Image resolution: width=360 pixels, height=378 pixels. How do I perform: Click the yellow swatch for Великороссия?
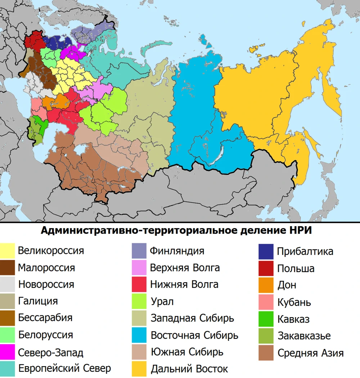[7, 251]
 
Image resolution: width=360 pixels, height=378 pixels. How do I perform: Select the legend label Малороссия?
[46, 268]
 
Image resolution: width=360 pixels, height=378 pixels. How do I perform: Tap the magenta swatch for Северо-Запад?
[7, 352]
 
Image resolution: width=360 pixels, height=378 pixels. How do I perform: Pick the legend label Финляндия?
[177, 251]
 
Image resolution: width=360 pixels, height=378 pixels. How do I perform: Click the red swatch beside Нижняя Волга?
[139, 284]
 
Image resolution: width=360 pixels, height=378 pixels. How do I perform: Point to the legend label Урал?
[162, 301]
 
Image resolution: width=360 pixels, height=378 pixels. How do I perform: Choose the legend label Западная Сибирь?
[192, 318]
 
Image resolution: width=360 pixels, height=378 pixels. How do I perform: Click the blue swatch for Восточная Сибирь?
[139, 335]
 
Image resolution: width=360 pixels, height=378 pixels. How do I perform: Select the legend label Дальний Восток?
[189, 369]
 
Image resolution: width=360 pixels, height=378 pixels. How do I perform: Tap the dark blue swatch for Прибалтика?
[266, 251]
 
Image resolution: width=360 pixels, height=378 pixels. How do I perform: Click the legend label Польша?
[296, 268]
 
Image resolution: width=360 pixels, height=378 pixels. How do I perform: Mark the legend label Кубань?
[294, 302]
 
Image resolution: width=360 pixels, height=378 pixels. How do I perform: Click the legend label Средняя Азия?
[310, 353]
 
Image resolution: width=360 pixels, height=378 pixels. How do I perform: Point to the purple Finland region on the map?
[90, 34]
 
